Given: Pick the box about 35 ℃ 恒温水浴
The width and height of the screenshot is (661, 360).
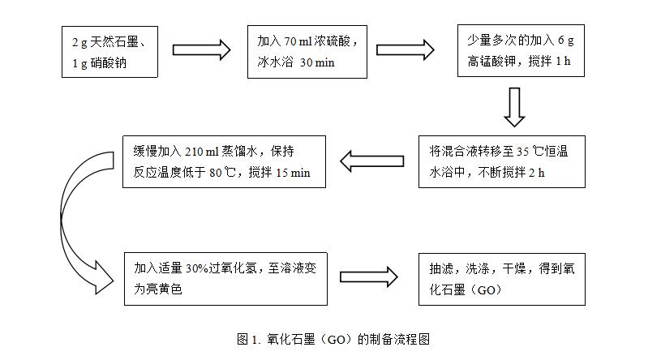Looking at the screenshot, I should [501, 161].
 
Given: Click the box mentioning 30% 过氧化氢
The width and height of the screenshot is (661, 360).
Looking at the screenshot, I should [225, 277].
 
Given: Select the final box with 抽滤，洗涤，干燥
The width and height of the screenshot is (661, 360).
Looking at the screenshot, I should [501, 277].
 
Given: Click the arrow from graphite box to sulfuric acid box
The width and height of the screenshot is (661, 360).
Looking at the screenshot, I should [202, 49].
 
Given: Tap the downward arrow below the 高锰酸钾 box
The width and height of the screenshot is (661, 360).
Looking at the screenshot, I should [514, 107].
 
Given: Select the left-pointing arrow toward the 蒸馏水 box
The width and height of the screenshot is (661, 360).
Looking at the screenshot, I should [371, 161].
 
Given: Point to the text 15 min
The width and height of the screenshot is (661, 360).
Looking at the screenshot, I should [293, 172].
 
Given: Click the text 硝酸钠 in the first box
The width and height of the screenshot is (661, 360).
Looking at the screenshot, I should [105, 62].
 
